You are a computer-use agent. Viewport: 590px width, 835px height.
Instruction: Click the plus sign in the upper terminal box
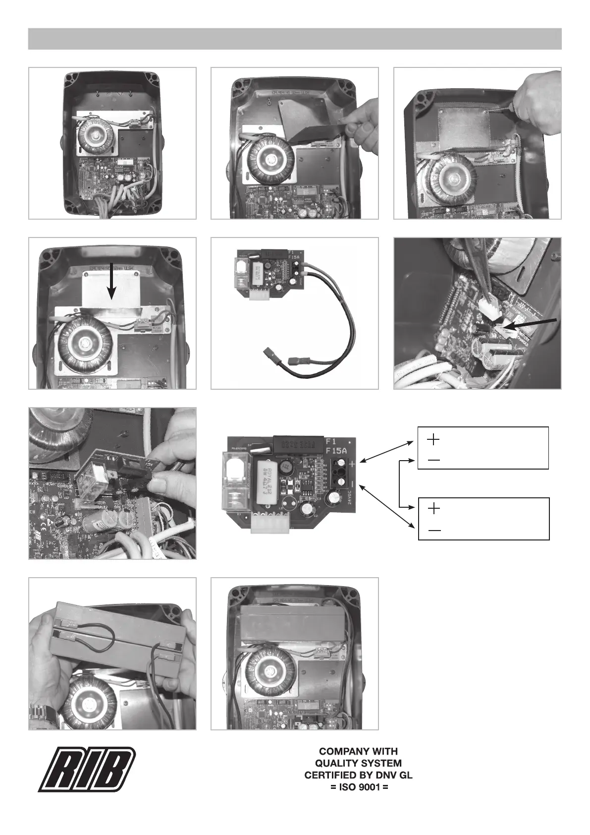(x=433, y=439)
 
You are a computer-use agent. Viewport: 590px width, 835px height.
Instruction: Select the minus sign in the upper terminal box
(x=433, y=460)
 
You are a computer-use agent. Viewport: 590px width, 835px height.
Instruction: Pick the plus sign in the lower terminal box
(x=433, y=508)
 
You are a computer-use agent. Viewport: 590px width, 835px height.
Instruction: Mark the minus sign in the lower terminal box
(x=434, y=531)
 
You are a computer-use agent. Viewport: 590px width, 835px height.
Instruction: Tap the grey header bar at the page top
(x=295, y=39)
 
